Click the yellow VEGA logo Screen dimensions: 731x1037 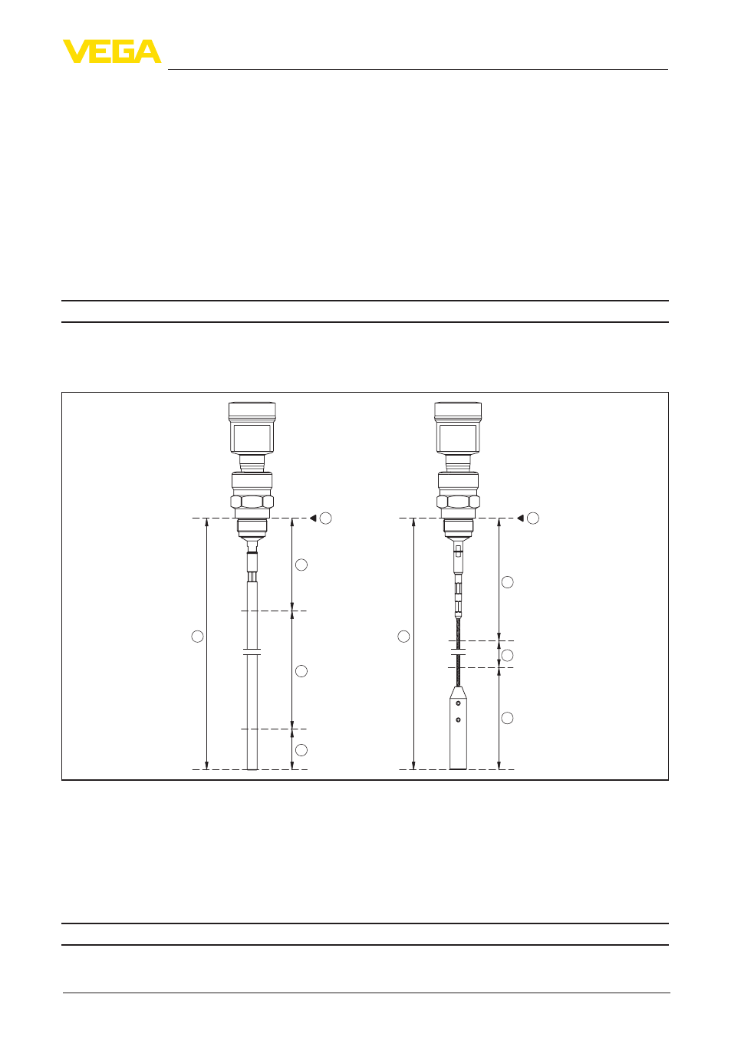pyautogui.click(x=112, y=51)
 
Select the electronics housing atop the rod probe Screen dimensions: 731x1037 pyautogui.click(x=252, y=428)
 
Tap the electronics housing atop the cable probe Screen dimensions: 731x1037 pyautogui.click(x=458, y=428)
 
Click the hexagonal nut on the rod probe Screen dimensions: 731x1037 pyautogui.click(x=252, y=502)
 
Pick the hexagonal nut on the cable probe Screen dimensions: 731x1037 pyautogui.click(x=458, y=502)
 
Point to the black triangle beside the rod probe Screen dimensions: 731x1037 pyautogui.click(x=313, y=518)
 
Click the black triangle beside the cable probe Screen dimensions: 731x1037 pyautogui.click(x=520, y=518)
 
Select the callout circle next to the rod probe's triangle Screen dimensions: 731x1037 pyautogui.click(x=326, y=518)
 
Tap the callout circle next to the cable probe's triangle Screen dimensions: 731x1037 pyautogui.click(x=533, y=518)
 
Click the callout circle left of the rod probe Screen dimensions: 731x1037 pyautogui.click(x=198, y=637)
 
